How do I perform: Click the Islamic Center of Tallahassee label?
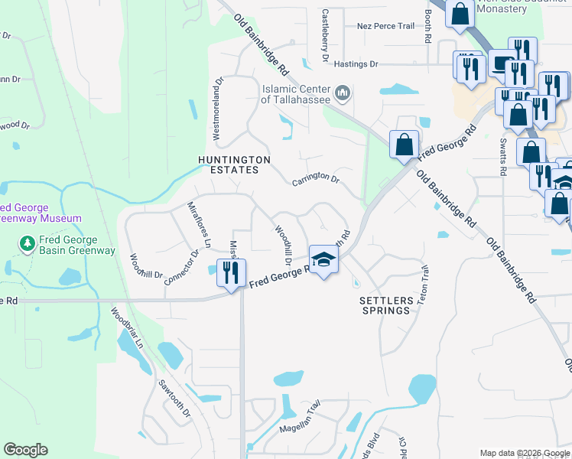click(x=296, y=94)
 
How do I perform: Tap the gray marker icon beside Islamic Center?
click(x=343, y=94)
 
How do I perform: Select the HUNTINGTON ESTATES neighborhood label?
click(x=234, y=164)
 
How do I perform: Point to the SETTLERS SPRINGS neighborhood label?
click(x=386, y=306)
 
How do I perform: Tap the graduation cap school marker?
click(x=323, y=260)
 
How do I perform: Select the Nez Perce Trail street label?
click(x=385, y=26)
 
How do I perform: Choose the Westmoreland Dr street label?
click(x=217, y=106)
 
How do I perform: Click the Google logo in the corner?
click(x=25, y=450)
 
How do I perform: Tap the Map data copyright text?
click(x=525, y=453)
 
